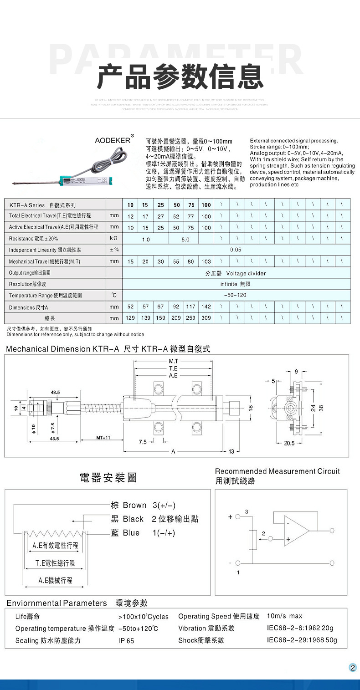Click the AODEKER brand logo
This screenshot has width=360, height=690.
(x=113, y=140)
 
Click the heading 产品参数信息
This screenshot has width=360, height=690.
(x=180, y=76)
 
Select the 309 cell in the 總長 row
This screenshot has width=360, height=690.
(x=206, y=318)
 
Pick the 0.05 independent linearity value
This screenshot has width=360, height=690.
(x=236, y=250)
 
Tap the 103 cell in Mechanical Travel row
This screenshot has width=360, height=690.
(x=206, y=261)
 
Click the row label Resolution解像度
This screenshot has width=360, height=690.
(x=28, y=284)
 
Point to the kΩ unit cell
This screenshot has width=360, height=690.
(x=114, y=238)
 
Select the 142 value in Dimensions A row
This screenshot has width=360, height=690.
(x=206, y=307)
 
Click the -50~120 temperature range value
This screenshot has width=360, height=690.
(x=236, y=295)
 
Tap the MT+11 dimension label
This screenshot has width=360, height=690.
(x=103, y=438)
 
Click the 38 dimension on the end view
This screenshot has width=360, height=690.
(x=321, y=408)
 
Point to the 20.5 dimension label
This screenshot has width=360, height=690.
(x=289, y=443)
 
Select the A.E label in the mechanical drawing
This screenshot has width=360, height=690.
(x=173, y=376)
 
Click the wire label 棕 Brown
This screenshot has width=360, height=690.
(x=129, y=505)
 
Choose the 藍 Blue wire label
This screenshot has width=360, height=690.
(x=126, y=533)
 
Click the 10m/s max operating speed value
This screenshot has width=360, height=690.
(x=284, y=616)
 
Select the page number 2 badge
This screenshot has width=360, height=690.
(x=352, y=667)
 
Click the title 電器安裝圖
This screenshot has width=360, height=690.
(x=108, y=478)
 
